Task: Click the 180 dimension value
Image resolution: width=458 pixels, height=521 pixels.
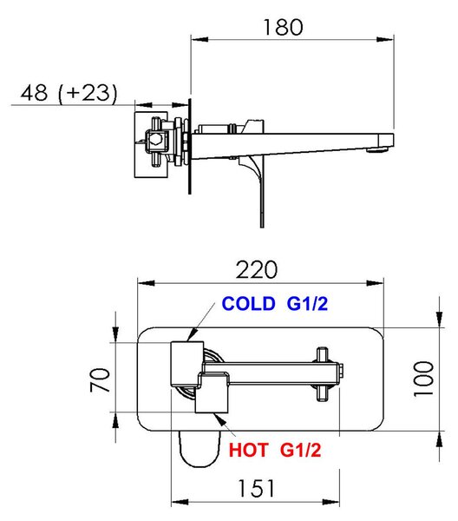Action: [283, 27]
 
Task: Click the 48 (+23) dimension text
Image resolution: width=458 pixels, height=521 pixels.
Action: [69, 93]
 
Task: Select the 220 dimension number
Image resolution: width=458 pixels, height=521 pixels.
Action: [256, 270]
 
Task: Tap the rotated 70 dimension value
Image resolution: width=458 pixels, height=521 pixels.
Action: [100, 379]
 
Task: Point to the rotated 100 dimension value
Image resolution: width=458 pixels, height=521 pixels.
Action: [423, 379]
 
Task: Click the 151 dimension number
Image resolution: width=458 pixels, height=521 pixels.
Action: [256, 488]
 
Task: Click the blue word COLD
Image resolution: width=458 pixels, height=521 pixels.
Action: [249, 303]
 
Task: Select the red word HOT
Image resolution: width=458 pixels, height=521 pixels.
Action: [248, 450]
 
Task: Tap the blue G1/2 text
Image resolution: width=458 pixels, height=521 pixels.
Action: [307, 303]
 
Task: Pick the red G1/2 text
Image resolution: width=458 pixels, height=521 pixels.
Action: [301, 450]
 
